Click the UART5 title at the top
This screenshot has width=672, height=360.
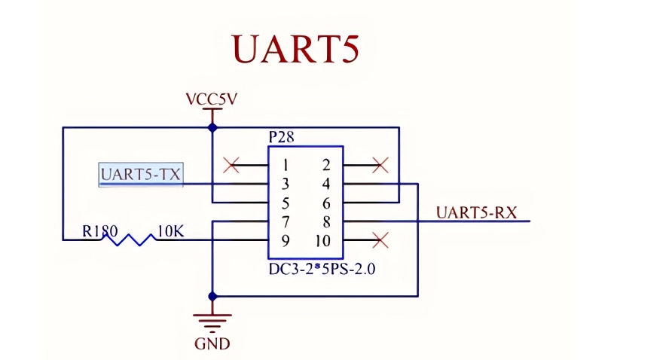295,49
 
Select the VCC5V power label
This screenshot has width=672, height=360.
212,99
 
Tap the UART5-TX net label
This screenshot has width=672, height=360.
141,175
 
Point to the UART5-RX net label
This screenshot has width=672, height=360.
476,212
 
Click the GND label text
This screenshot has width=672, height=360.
212,344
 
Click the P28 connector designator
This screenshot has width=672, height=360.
281,137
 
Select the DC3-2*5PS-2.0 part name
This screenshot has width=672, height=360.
322,268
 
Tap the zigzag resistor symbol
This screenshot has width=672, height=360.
133,239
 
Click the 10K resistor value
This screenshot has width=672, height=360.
170,231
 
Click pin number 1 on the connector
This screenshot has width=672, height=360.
286,166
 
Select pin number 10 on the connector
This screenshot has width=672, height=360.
323,241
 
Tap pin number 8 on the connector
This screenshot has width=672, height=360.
326,222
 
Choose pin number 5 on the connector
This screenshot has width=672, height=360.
286,203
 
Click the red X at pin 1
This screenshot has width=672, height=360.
232,164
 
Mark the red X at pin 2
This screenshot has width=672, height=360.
380,164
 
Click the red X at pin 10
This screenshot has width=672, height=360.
380,240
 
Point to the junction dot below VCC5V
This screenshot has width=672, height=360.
212,127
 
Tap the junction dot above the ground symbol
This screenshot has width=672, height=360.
212,296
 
